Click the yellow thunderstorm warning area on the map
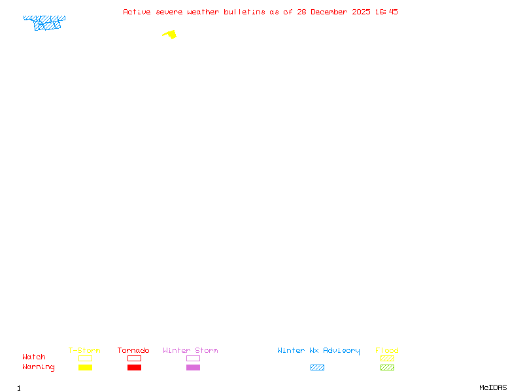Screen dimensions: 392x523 [171, 35]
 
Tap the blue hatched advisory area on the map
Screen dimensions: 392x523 [46, 24]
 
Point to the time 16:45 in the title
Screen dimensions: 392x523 [387, 12]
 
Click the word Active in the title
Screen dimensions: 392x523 [137, 12]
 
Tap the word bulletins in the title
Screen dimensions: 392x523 [244, 12]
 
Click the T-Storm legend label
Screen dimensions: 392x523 [84, 350]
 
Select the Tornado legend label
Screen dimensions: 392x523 [133, 350]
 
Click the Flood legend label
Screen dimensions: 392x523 [387, 350]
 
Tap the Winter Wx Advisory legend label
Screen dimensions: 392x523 [318, 350]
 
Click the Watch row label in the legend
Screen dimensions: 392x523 [34, 357]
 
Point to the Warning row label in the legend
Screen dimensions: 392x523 [39, 367]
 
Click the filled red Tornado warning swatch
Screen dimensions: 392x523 [134, 368]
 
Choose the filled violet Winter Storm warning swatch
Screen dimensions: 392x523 [193, 368]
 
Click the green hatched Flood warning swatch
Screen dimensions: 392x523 [387, 368]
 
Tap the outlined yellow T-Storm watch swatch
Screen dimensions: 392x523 [85, 358]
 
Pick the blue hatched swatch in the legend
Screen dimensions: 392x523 [317, 368]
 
